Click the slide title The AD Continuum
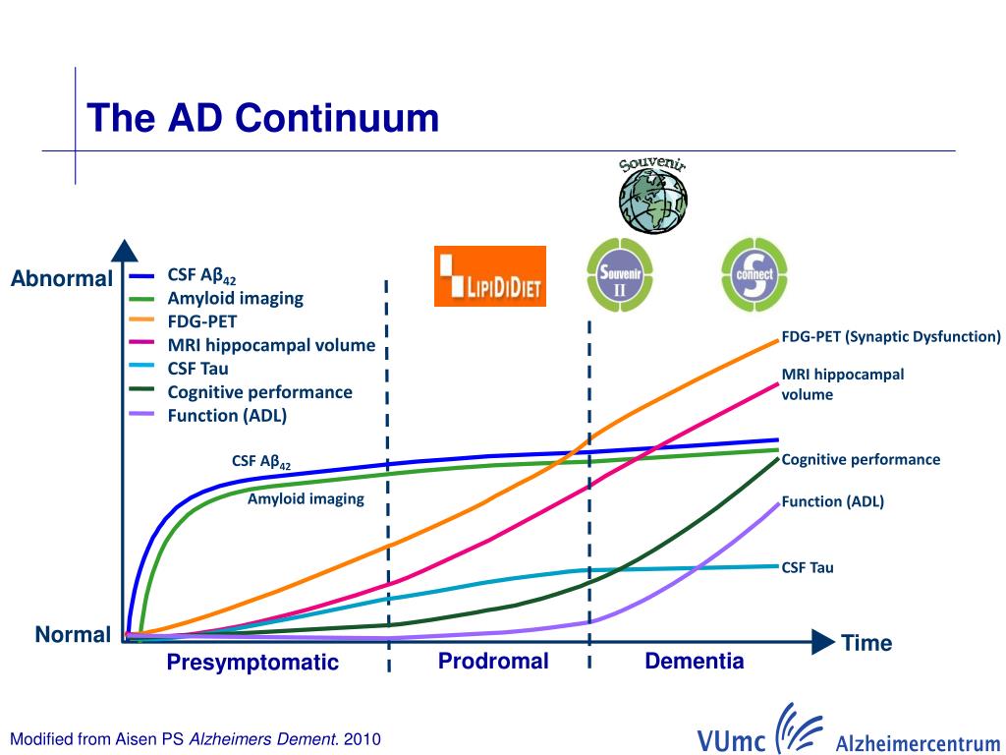coord(262,119)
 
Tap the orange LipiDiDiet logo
coord(490,276)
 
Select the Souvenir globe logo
coord(652,194)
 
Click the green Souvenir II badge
coord(620,276)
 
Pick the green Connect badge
coord(754,274)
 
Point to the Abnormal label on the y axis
coord(62,279)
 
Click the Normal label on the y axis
coord(73,635)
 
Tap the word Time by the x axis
coord(866,644)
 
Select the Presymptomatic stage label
coord(252,663)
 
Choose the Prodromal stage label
coord(493,661)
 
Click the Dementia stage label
coord(695,661)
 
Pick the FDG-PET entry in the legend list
coord(202,321)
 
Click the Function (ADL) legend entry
coord(227,415)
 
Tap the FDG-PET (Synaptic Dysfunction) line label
coord(891,337)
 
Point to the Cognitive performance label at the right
coord(861,459)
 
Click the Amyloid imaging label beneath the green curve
coord(306,499)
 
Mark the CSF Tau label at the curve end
coord(808,567)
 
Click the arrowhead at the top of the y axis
coord(123,252)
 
